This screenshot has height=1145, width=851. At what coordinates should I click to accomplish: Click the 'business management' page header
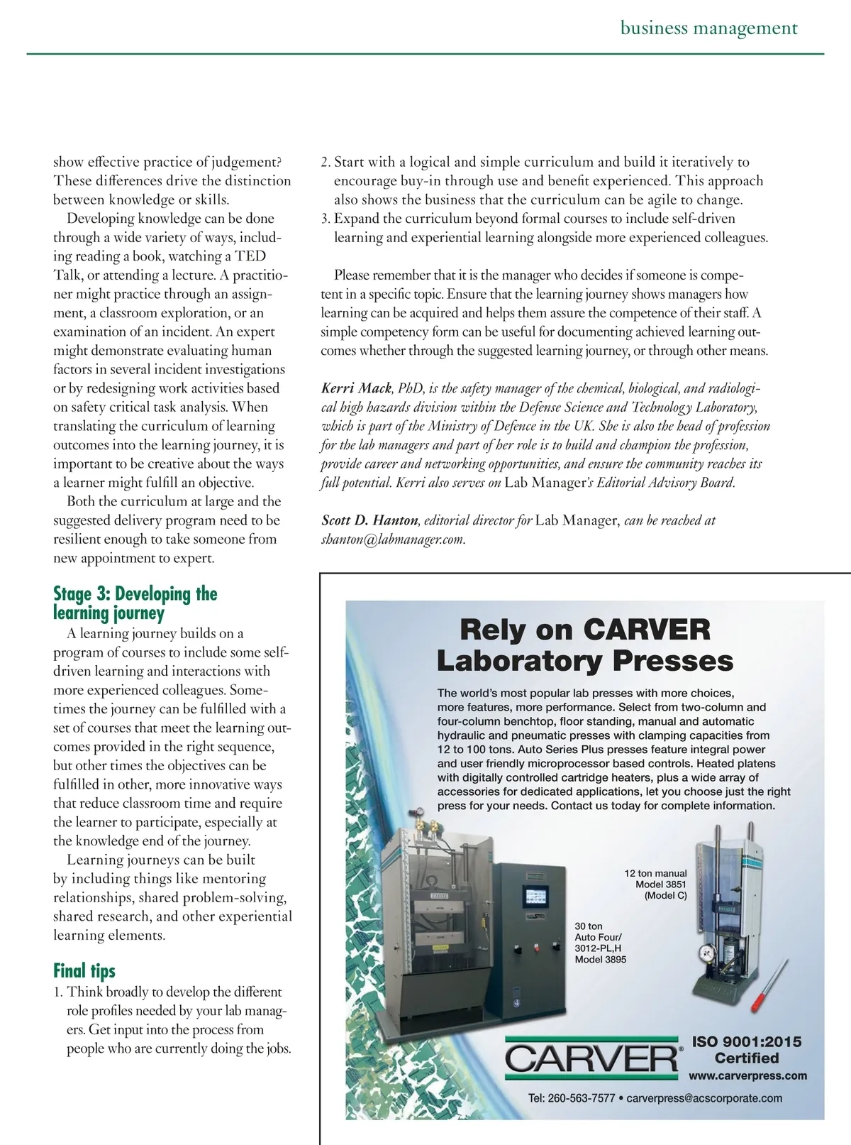click(708, 28)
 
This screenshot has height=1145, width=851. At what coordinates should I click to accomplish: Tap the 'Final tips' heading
click(84, 970)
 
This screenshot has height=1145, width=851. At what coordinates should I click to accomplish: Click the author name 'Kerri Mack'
click(356, 388)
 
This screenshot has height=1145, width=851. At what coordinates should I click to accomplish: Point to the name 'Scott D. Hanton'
click(369, 520)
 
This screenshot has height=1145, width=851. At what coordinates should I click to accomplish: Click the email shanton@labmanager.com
click(393, 539)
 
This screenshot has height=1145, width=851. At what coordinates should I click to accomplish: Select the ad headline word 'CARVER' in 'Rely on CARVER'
click(647, 630)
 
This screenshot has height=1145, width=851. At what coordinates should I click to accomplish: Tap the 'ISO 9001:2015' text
click(747, 1041)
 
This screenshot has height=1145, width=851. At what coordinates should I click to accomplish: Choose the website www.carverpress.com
click(747, 1075)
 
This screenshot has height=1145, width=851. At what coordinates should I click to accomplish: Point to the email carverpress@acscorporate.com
click(704, 1098)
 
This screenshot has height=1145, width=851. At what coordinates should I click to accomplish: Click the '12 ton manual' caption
click(655, 873)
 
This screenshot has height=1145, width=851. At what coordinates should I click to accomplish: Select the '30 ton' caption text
click(588, 926)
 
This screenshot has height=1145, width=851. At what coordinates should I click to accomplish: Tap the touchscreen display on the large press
click(540, 897)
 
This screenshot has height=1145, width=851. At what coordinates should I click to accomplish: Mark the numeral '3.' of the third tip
click(326, 219)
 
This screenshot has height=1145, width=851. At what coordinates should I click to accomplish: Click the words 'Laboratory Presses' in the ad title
click(585, 661)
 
